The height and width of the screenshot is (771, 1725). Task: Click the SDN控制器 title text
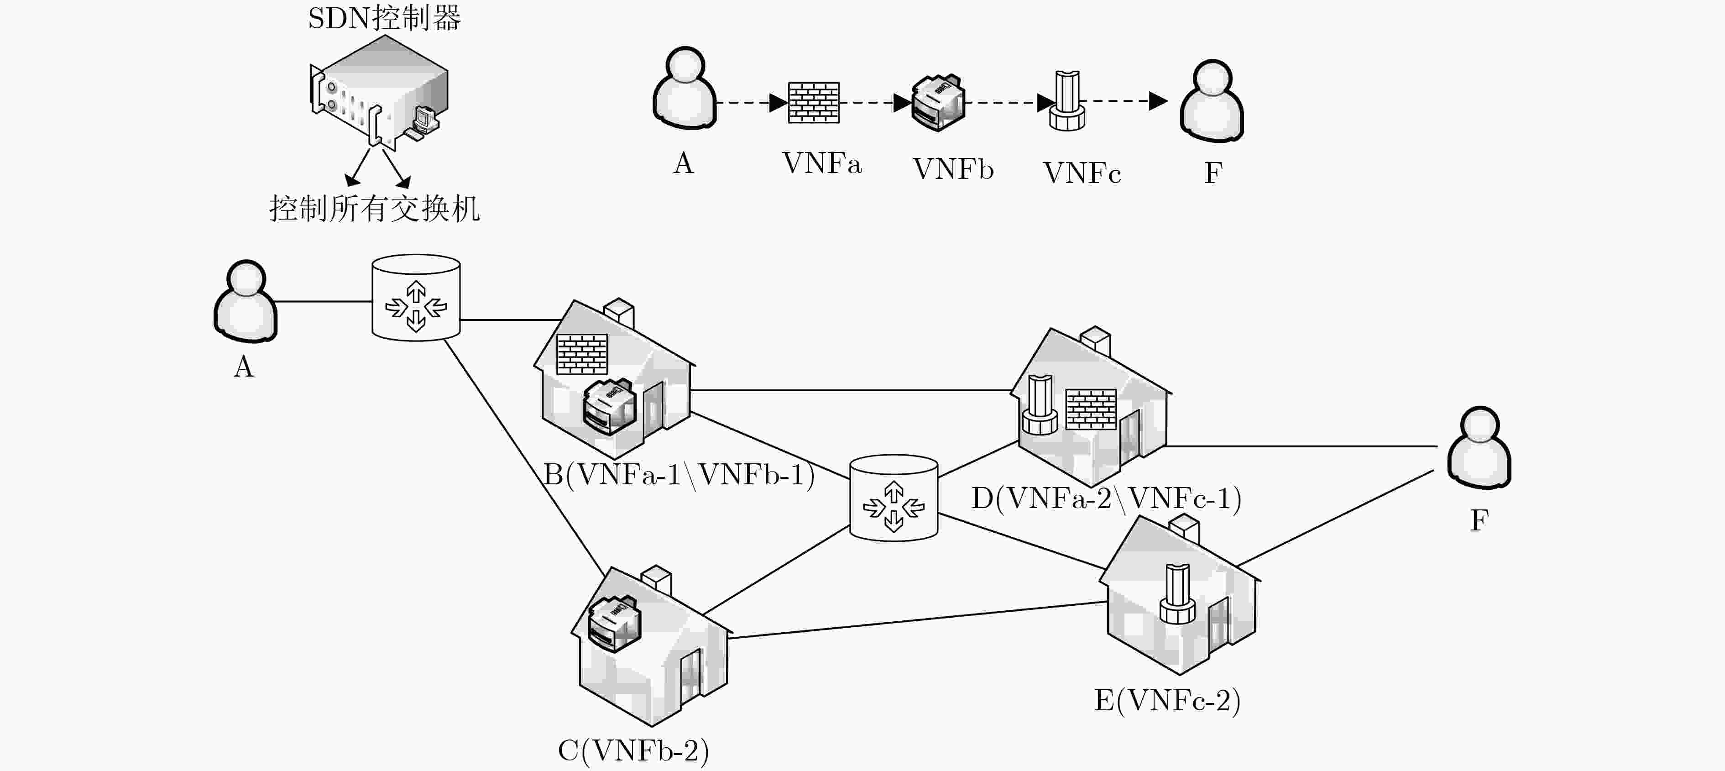point(384,18)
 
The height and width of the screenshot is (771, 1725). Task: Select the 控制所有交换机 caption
point(374,208)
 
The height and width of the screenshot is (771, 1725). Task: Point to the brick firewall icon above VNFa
point(814,103)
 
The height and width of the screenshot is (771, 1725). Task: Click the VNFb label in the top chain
point(953,169)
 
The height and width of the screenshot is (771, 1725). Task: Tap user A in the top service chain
point(685,87)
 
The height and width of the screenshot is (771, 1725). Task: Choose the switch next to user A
point(416,298)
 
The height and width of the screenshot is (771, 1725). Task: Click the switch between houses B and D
point(894,498)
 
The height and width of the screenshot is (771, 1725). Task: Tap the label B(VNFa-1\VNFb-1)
point(678,475)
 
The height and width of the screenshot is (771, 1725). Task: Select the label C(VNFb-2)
point(633,750)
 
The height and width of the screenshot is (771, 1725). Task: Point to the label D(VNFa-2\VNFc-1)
point(1106,498)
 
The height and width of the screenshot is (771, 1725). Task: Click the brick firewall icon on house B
point(582,354)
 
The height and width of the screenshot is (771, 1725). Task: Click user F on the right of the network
point(1479,447)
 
